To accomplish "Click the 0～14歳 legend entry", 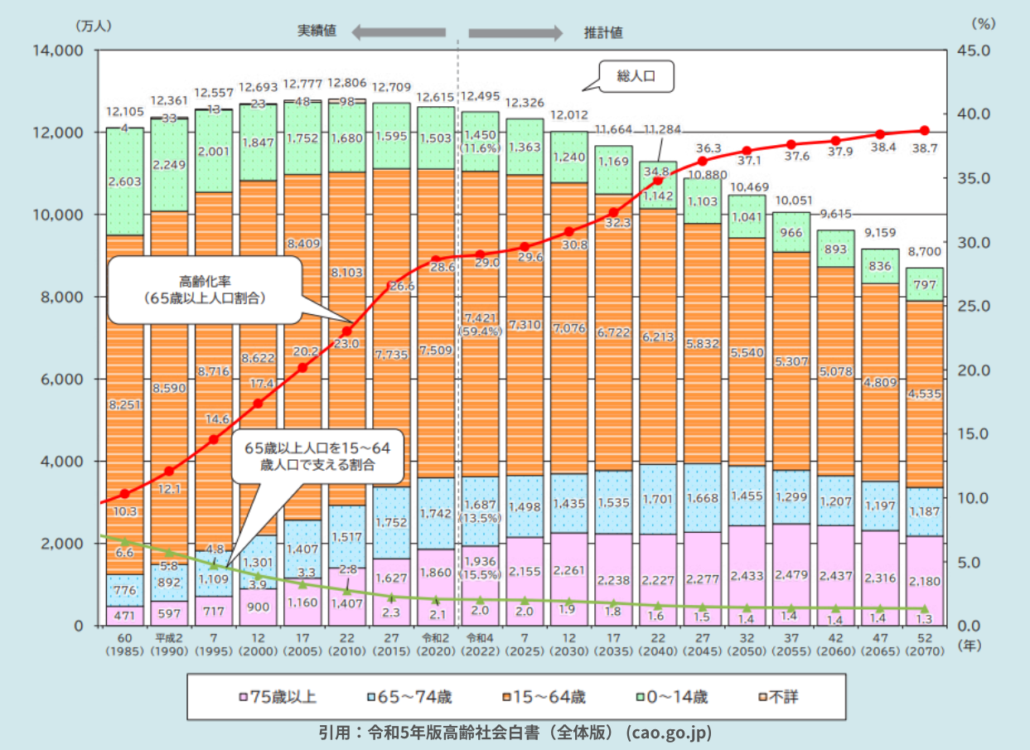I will tap(671, 697).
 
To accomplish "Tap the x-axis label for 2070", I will tap(924, 645).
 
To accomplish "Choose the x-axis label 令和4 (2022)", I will tap(480, 645).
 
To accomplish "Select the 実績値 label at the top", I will tap(317, 31).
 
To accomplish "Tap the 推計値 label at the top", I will tap(604, 32).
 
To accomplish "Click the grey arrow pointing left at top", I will tap(398, 32).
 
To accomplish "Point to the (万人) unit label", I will tap(92, 24).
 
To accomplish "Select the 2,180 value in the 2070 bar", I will tap(924, 582).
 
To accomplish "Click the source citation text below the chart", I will tap(515, 733).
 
